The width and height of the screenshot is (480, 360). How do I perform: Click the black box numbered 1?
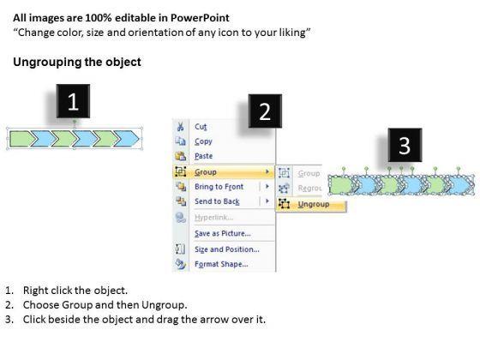click(x=73, y=101)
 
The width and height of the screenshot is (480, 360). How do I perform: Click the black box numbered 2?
click(x=265, y=111)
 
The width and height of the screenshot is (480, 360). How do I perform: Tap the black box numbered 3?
click(x=405, y=145)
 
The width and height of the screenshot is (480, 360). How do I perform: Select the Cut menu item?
click(x=201, y=127)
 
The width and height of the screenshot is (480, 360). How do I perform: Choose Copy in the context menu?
click(x=203, y=141)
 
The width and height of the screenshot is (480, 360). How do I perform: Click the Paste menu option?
click(x=204, y=156)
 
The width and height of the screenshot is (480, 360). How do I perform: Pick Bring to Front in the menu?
click(x=219, y=187)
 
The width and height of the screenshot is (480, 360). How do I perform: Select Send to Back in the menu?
click(x=217, y=201)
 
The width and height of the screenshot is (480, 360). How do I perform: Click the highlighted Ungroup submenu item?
click(x=314, y=204)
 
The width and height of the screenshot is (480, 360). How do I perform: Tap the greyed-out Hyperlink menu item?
click(x=213, y=218)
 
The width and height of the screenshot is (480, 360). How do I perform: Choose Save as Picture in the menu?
click(x=223, y=233)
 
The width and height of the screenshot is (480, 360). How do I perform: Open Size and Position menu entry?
click(x=227, y=249)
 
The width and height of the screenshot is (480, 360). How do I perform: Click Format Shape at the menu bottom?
click(x=221, y=264)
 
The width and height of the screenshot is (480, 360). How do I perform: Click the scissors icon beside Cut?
click(x=180, y=126)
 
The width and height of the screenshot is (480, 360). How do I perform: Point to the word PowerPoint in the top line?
click(x=200, y=18)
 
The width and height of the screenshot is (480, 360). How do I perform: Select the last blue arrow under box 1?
click(x=126, y=139)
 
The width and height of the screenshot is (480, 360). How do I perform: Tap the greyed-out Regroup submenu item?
click(x=309, y=189)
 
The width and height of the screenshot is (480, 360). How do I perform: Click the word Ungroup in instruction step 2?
click(x=163, y=305)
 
